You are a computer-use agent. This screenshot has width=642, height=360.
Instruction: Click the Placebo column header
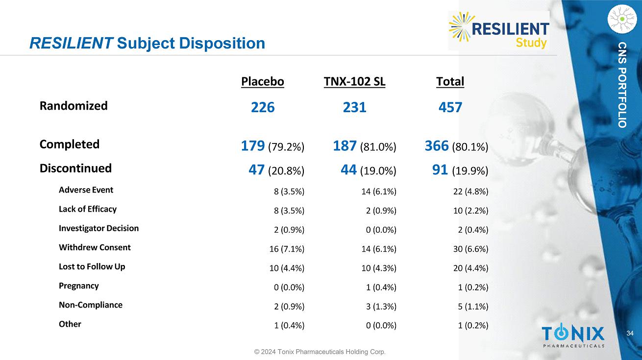pos(262,82)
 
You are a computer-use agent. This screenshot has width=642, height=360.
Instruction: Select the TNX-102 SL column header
pos(354,82)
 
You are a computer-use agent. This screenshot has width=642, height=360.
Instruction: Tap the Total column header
pos(450,82)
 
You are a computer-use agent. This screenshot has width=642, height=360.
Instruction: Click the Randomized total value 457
pos(450,107)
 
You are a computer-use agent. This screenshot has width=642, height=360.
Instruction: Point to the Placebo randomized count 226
pos(263,107)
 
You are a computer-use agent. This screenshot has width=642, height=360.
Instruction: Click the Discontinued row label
pos(75,168)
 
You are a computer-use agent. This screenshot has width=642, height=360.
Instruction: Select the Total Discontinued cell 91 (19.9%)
pos(460,170)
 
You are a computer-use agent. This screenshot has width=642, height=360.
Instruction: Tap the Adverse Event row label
pos(86,190)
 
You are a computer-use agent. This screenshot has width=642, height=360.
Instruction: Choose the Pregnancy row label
pos(78,286)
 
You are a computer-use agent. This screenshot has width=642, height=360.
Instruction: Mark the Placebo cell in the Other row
pos(289,326)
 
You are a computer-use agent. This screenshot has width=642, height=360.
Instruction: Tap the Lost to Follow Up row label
pos(92,266)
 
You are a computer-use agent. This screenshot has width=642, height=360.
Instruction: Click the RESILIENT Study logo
pos(499,30)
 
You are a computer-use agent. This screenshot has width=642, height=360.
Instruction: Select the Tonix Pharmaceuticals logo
pos(573,336)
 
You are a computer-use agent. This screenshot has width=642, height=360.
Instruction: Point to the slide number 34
pos(630,334)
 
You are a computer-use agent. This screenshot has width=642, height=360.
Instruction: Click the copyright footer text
pos(319,352)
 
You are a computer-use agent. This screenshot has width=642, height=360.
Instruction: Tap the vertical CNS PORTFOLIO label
pos(622,85)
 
